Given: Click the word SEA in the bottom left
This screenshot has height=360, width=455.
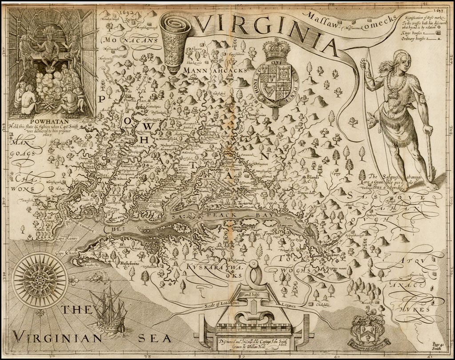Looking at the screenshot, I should tap(154, 338).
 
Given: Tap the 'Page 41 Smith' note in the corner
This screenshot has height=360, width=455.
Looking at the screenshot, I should tap(438, 347).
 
